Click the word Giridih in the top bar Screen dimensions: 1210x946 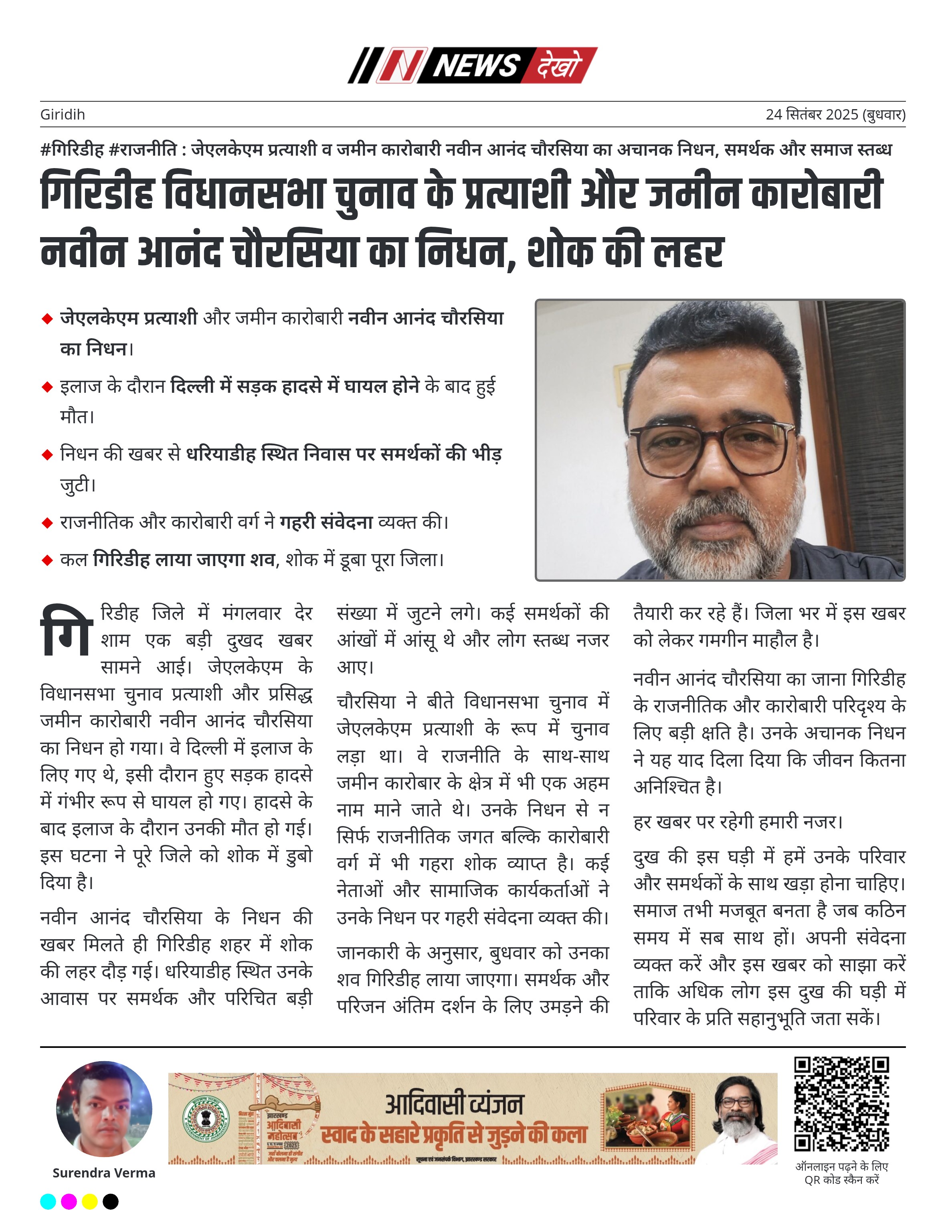[x=63, y=115]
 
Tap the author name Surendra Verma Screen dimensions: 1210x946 [x=103, y=1173]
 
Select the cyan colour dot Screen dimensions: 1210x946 [x=48, y=1201]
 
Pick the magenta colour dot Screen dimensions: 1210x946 [x=69, y=1201]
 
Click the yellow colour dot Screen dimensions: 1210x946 [x=90, y=1201]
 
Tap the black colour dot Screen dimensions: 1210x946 [x=111, y=1201]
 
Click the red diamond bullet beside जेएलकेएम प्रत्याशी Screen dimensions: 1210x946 [x=47, y=319]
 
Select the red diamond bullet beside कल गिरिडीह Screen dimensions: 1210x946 [x=47, y=560]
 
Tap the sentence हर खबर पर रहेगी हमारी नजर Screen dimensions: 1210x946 [x=738, y=822]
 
